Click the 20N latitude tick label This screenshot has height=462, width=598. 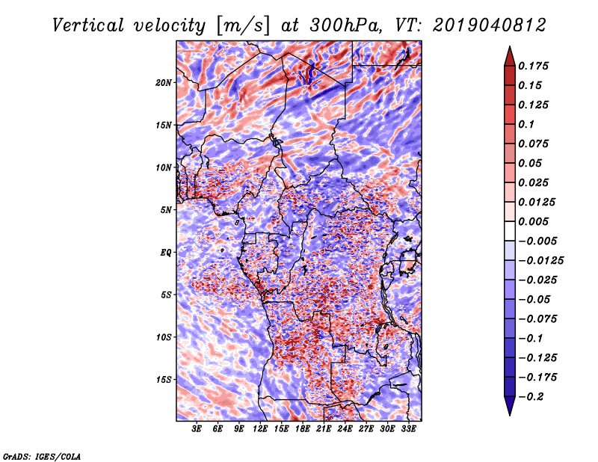click(x=164, y=83)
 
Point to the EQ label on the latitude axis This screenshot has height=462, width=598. click(x=165, y=253)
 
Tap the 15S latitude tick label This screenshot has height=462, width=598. click(x=164, y=380)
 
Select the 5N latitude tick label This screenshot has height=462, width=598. click(x=166, y=210)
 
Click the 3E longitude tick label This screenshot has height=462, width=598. click(x=197, y=429)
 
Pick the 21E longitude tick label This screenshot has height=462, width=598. click(x=324, y=429)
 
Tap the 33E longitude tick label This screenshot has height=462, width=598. click(x=408, y=429)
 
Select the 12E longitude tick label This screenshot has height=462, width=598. click(x=259, y=429)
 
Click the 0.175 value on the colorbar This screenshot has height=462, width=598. click(x=533, y=66)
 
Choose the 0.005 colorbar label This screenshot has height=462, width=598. click(x=533, y=221)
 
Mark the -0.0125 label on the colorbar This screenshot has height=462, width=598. click(x=540, y=261)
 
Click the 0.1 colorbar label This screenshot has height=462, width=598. click(x=526, y=124)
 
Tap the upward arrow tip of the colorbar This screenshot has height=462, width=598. click(x=510, y=47)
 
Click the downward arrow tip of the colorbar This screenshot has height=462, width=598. click(x=510, y=415)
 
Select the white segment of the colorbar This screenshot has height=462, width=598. click(x=510, y=231)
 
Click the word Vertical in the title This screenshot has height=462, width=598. click(x=88, y=25)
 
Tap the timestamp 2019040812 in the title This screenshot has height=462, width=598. click(x=490, y=25)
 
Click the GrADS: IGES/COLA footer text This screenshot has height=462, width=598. click(x=42, y=456)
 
